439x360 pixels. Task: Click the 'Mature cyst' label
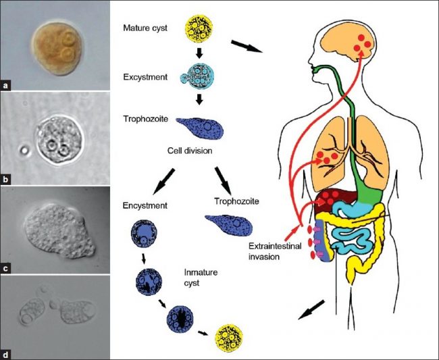pos(145,28)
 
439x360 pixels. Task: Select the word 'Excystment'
pos(145,77)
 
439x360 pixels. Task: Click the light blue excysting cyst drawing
pos(197,75)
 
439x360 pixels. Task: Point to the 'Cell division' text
pos(190,151)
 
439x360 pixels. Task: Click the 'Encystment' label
pos(145,206)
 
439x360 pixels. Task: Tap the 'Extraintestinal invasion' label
pos(275,251)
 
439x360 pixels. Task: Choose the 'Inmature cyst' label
pos(201,278)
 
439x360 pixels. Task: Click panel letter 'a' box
pos(5,86)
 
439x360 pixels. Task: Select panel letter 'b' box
pos(5,180)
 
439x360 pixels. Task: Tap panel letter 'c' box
pos(5,268)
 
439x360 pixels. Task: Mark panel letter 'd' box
pos(5,355)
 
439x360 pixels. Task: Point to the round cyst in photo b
pos(59,140)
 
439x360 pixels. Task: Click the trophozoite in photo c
pos(59,230)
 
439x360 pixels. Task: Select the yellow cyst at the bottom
pos(228,338)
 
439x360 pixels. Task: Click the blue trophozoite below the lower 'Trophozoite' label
pos(229,224)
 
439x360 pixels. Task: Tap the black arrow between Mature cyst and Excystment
pos(199,53)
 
